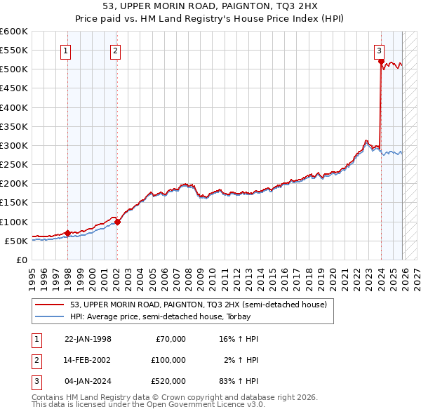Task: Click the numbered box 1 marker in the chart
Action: coord(65,50)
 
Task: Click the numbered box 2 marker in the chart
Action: coord(114,50)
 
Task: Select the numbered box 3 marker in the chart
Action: coord(379,50)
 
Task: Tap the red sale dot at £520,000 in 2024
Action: coord(381,62)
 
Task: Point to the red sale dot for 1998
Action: coord(67,233)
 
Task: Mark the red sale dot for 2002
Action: coord(117,222)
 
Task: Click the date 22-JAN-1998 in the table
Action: coord(88,339)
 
